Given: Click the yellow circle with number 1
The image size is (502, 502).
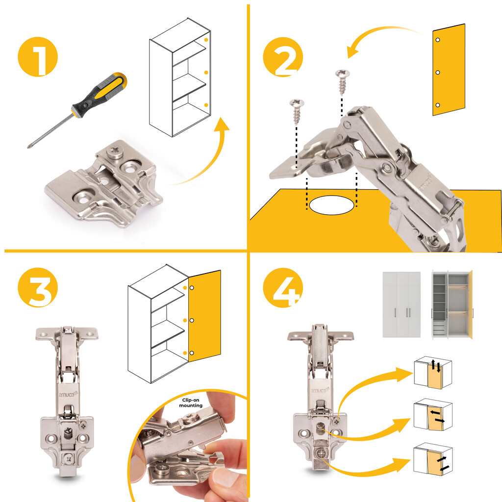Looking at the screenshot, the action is [38, 57].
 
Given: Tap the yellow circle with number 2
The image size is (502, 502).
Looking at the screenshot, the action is [283, 57].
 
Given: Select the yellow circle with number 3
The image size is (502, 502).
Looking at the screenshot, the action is [38, 287].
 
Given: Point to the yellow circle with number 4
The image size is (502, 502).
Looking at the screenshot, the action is [283, 287].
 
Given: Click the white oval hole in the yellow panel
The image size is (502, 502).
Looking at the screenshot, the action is [332, 205].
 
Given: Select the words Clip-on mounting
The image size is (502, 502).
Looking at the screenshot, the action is [191, 403].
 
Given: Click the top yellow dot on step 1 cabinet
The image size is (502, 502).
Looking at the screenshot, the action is [206, 40].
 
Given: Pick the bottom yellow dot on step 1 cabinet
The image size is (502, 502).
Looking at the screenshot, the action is [206, 105].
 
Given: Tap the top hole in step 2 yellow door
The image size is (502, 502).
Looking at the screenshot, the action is [438, 40].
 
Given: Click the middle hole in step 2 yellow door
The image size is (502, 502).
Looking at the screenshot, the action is [438, 73].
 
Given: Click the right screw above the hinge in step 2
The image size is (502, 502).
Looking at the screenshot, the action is [342, 82].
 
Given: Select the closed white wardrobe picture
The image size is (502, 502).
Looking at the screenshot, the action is [402, 304].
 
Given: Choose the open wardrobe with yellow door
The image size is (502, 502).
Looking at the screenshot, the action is [452, 304].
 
